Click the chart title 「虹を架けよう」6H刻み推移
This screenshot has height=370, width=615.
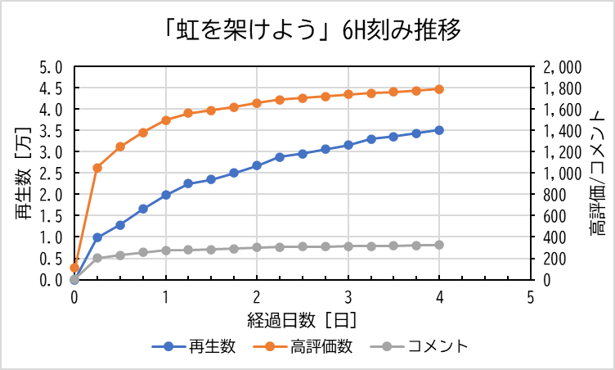point(312,30)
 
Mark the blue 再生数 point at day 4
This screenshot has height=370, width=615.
point(439,130)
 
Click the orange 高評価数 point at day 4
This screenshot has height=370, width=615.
point(439,89)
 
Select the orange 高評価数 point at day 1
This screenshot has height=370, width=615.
point(166,120)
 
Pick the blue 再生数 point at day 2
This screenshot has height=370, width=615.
point(257,165)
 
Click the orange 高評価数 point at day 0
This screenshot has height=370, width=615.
point(74,268)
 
